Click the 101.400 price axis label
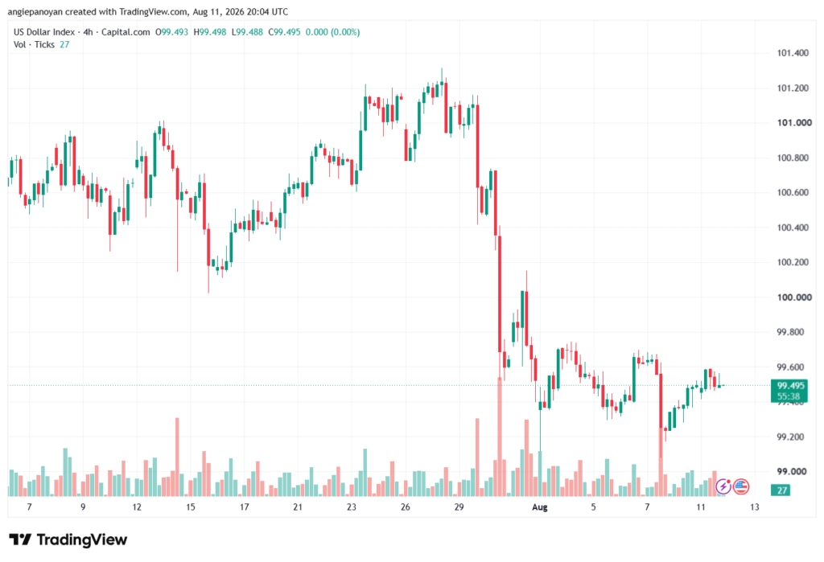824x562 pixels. click(793, 53)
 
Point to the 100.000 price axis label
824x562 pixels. click(794, 297)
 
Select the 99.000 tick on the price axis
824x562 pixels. click(793, 472)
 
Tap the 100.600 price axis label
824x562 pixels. click(793, 193)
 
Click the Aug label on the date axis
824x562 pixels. click(540, 507)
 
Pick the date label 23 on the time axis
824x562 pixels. click(351, 507)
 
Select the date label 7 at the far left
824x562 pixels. click(30, 507)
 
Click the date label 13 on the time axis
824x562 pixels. click(755, 507)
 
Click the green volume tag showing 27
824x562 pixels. click(782, 490)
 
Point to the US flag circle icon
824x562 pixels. click(741, 487)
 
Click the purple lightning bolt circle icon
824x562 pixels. click(723, 487)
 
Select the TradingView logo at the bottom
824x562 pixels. click(68, 539)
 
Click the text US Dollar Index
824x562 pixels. click(44, 32)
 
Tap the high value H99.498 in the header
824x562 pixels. click(210, 32)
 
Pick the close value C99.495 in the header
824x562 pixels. click(284, 32)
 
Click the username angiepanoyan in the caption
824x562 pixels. click(35, 11)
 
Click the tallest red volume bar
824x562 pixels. click(500, 437)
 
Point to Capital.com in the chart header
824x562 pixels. click(126, 32)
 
